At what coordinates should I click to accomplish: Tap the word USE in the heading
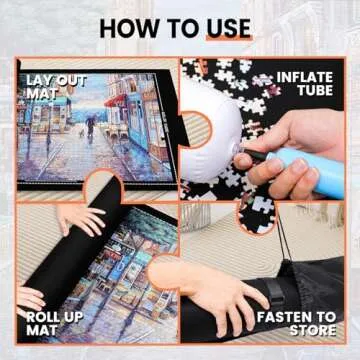[x=228, y=27]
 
